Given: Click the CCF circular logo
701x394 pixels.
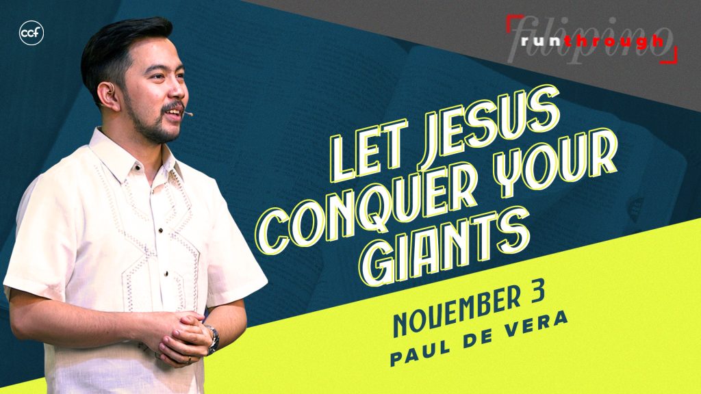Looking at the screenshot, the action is (x=31, y=33).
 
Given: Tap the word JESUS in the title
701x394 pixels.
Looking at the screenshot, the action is (x=487, y=130).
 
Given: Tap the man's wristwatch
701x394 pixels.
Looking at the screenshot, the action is (x=213, y=338).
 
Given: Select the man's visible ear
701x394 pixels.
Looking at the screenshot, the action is (x=107, y=95).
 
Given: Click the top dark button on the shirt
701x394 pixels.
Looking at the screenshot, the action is (x=138, y=168).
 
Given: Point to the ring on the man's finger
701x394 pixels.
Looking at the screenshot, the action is (x=189, y=358).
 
